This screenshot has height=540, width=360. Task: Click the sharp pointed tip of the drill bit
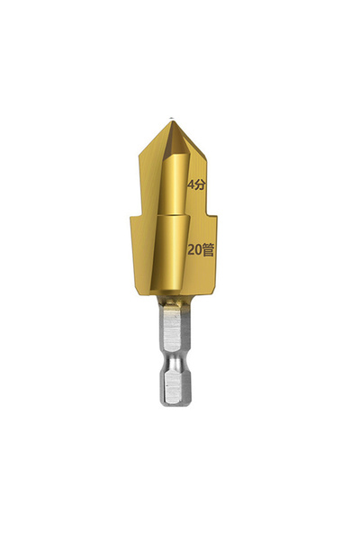pyautogui.click(x=171, y=118)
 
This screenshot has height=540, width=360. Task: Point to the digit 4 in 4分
pyautogui.click(x=190, y=184)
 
